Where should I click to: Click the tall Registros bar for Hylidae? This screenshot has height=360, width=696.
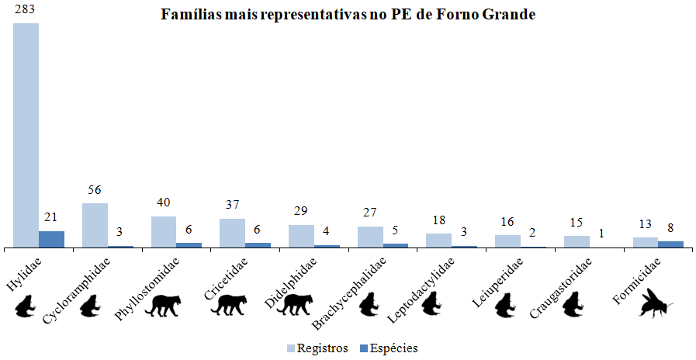click(x=26, y=135)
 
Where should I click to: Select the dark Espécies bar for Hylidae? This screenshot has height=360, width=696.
click(x=51, y=239)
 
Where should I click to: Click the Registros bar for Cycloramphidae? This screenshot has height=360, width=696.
click(x=95, y=225)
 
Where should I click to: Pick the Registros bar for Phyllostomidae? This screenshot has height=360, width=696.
click(x=163, y=232)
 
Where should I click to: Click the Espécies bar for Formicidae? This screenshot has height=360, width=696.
click(x=670, y=244)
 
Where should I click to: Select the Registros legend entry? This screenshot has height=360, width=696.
click(x=318, y=348)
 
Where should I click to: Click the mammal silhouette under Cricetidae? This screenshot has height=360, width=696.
click(x=230, y=305)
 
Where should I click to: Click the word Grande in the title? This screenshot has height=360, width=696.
click(x=504, y=15)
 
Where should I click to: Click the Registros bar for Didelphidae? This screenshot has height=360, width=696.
click(x=301, y=236)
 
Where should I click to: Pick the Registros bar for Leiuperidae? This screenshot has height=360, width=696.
click(x=507, y=241)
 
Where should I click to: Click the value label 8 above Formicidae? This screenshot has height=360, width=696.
click(x=670, y=228)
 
